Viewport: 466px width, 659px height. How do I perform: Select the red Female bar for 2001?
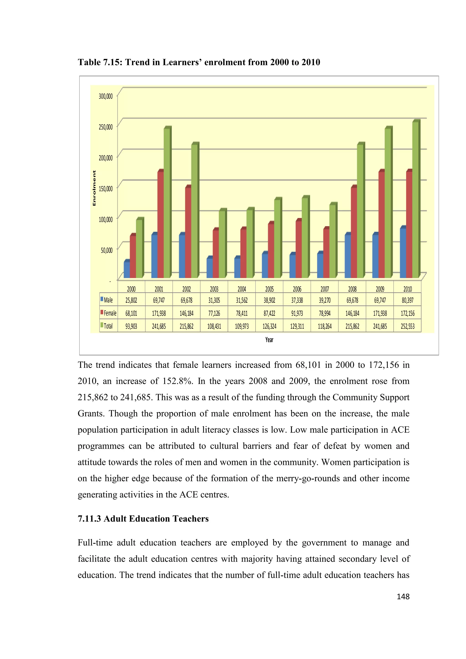[161, 225]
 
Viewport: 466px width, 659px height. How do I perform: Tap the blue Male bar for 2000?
[127, 270]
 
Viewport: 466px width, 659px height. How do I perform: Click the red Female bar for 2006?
[299, 249]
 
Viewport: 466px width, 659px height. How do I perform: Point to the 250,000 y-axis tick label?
[106, 127]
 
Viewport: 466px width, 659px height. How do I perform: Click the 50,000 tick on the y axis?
[106, 250]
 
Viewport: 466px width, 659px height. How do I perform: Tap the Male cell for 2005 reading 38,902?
[269, 300]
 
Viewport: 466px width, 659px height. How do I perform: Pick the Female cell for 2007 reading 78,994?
[324, 313]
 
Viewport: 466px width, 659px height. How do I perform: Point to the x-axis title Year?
[269, 340]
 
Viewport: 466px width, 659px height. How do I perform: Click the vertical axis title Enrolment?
[94, 188]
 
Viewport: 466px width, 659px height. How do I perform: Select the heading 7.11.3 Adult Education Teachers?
[143, 519]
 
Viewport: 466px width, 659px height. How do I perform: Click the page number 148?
[403, 596]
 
